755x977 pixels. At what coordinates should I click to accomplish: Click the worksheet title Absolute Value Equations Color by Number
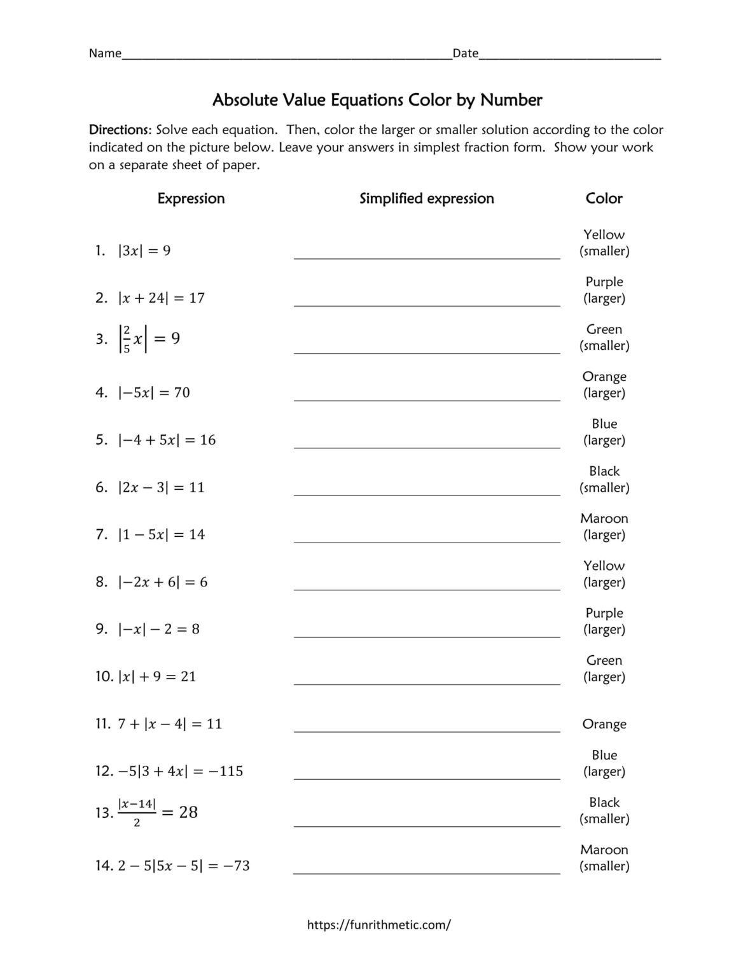click(x=377, y=100)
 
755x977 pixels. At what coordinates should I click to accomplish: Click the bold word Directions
click(x=120, y=130)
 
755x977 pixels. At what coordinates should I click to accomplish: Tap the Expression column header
click(x=191, y=198)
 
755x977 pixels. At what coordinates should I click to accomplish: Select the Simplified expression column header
click(x=426, y=198)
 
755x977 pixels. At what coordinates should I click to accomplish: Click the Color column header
click(x=604, y=198)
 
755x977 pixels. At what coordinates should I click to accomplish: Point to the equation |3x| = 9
click(x=144, y=251)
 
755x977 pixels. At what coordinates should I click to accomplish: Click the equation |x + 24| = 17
click(x=161, y=298)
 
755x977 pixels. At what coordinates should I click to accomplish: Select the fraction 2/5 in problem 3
click(x=127, y=339)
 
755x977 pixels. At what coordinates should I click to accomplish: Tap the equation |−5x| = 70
click(x=154, y=392)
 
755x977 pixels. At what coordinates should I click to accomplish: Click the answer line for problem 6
click(x=426, y=494)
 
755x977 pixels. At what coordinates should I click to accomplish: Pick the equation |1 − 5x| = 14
click(x=161, y=534)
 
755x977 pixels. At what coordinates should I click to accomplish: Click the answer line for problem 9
click(x=426, y=636)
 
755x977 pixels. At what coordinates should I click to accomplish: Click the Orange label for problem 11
click(x=604, y=724)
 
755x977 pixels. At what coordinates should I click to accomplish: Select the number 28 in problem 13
click(x=188, y=812)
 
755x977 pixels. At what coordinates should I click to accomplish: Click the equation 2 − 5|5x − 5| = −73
click(x=184, y=866)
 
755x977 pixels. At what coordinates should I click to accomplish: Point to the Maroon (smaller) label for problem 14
click(x=604, y=857)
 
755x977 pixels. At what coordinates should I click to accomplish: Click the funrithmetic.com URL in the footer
click(x=378, y=925)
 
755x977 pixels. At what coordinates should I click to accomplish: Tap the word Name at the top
click(x=105, y=53)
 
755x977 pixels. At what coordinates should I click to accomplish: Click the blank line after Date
click(x=569, y=56)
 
